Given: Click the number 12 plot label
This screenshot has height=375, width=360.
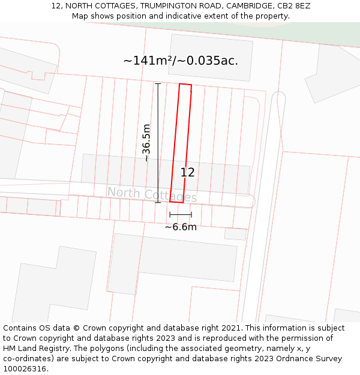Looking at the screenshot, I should tap(187, 173).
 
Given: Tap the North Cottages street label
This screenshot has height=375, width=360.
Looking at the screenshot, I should tap(152, 194).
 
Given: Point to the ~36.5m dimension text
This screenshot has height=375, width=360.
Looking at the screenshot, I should tap(146, 143).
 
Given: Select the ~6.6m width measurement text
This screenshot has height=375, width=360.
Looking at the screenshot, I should tap(181, 227).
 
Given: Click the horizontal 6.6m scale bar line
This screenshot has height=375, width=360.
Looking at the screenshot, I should tap(181, 214).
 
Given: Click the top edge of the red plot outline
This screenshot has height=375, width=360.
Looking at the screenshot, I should tap(185, 85).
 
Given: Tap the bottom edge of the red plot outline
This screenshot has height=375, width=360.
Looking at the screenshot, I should tap(176, 202).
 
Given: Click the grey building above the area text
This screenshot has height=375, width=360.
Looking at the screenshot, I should tap(210, 57).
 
